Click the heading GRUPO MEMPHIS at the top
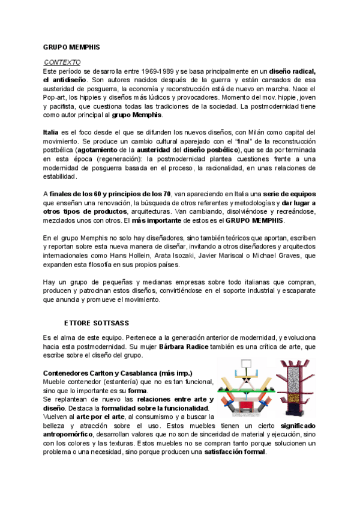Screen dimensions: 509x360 (71, 46)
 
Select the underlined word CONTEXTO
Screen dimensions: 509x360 (63, 62)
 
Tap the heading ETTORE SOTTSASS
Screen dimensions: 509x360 (96, 324)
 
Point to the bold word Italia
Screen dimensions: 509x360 (51, 131)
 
